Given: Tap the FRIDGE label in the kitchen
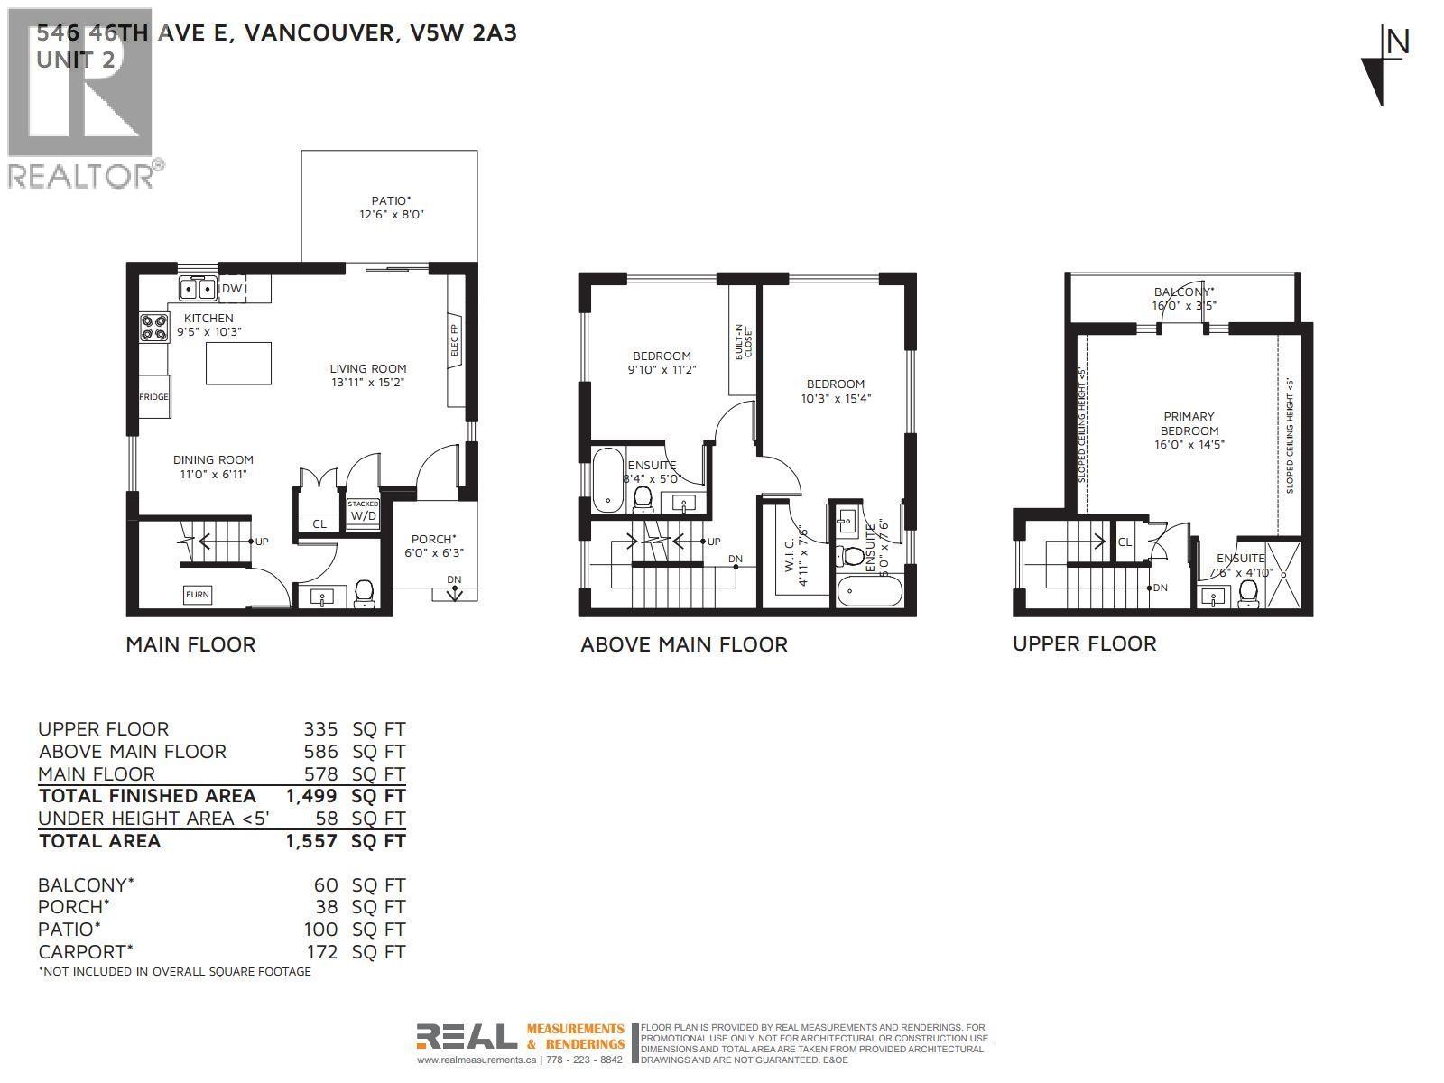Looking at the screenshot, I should tap(153, 397).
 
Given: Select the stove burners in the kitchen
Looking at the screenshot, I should tap(153, 327).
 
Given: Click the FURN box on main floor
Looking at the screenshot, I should tap(198, 595).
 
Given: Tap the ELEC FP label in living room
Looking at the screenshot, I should tap(455, 340).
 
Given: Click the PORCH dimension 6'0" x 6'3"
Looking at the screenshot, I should tap(434, 553).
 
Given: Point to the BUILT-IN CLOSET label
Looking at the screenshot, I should tap(743, 342).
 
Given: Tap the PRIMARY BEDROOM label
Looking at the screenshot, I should tap(1189, 423).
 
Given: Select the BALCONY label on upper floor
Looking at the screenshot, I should tap(1183, 292).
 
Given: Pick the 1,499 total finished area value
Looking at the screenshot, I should tap(311, 796).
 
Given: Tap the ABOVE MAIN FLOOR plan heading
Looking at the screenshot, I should tap(683, 644).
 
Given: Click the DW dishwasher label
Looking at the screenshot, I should tap(232, 289).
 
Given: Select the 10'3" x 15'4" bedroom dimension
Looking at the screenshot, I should tap(836, 398).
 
